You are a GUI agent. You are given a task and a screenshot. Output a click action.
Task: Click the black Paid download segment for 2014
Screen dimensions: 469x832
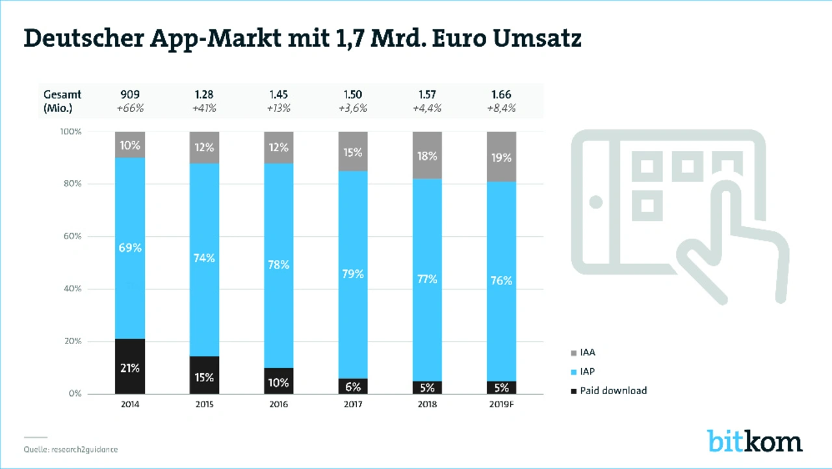[x=130, y=366]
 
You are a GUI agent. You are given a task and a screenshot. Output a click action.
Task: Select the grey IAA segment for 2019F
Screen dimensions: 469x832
[x=501, y=157]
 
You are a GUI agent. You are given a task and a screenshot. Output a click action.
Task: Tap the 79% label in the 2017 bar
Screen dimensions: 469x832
[x=353, y=274]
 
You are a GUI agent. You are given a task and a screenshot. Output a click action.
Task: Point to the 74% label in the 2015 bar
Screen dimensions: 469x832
[x=204, y=258]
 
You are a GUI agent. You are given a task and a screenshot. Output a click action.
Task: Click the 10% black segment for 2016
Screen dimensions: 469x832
[x=278, y=381]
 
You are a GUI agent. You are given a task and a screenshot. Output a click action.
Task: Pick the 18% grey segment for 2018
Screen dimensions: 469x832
[x=427, y=155]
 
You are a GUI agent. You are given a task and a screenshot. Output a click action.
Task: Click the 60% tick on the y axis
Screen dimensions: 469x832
[x=72, y=236]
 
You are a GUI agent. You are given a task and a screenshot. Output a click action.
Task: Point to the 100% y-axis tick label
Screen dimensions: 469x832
[x=70, y=131]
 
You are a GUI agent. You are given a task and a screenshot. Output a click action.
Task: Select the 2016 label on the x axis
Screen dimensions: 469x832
[x=278, y=404]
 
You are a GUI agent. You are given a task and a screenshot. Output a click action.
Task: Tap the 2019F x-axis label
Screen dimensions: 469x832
[x=501, y=404]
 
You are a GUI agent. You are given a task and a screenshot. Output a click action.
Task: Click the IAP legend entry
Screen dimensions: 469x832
[x=588, y=371]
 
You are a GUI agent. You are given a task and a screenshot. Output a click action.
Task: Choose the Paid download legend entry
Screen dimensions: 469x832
[x=613, y=390]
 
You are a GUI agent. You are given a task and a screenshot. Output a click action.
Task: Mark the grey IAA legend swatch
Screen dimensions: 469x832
[x=573, y=353]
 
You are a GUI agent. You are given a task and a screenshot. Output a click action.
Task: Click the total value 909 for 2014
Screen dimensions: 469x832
[x=130, y=95]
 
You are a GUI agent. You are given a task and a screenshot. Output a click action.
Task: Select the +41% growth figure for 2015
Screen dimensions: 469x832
[x=204, y=109]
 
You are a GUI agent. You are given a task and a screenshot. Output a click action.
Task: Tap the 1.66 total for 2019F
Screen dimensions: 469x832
[x=501, y=95]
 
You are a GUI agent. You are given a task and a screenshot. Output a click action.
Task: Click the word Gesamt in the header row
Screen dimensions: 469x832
[x=62, y=95]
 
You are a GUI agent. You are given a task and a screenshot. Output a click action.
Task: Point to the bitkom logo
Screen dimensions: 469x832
[x=755, y=440]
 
